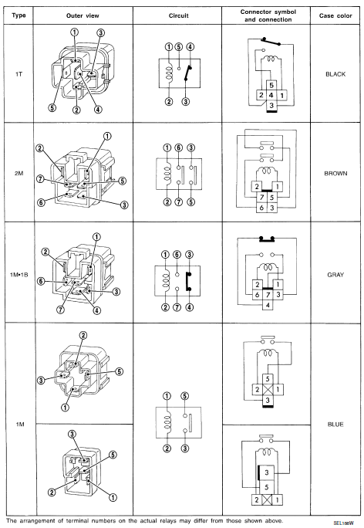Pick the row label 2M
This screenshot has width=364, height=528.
coord(18,174)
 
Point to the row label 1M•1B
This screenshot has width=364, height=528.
coord(18,275)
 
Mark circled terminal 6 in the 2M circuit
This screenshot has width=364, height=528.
coord(178,147)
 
